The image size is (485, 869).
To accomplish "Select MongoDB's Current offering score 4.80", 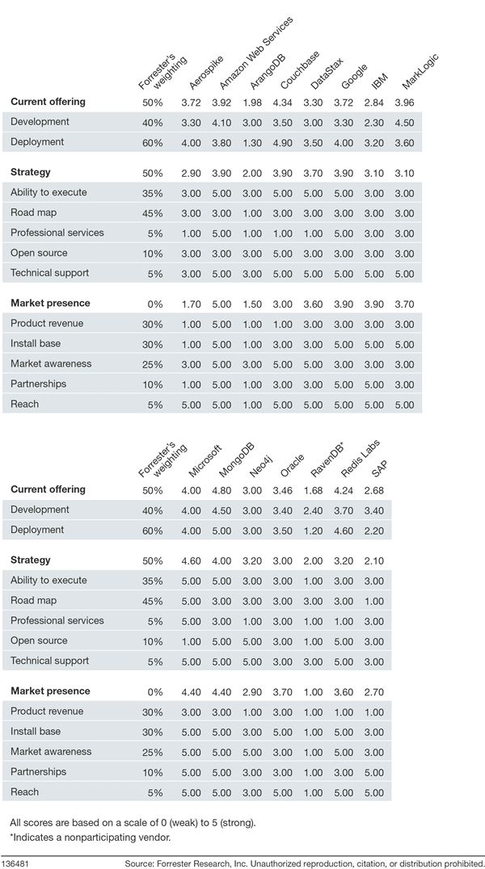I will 229,490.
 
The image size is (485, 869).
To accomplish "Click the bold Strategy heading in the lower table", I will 30,560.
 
